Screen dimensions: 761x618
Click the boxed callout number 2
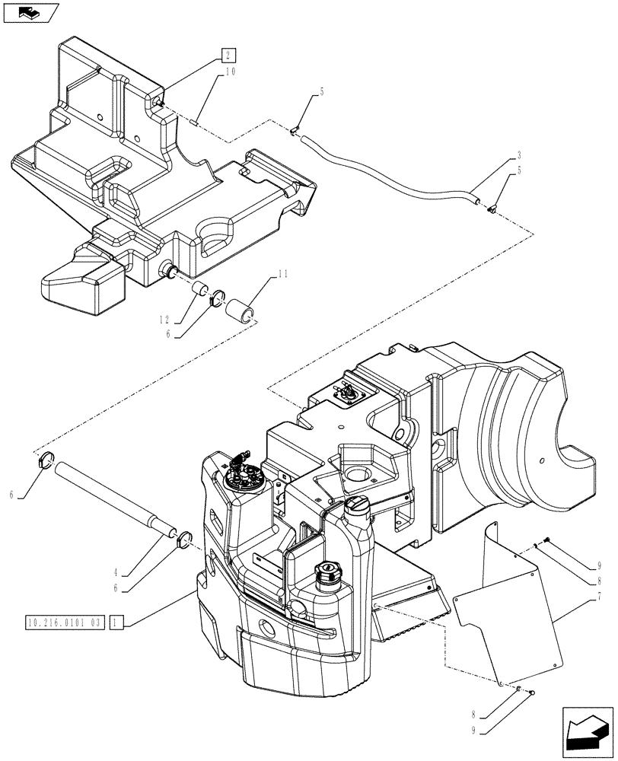pos(228,54)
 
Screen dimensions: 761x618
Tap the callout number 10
pos(230,73)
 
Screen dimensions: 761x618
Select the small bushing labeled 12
pos(201,291)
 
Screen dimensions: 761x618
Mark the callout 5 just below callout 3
pos(518,171)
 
